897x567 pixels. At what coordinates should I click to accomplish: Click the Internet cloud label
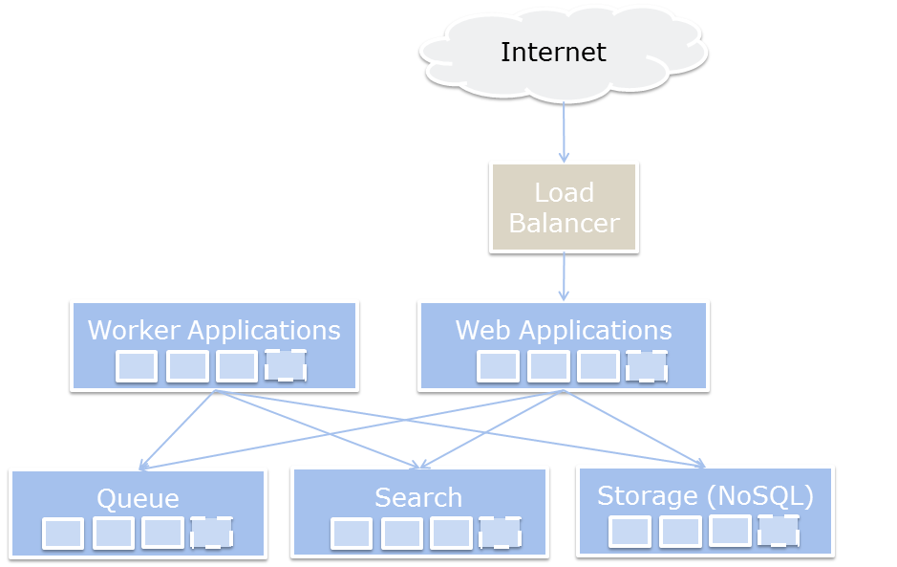pos(553,52)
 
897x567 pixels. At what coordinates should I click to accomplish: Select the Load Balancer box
pos(564,207)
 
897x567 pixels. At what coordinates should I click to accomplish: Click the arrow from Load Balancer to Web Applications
pos(564,276)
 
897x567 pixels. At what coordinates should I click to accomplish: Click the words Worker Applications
pos(214,330)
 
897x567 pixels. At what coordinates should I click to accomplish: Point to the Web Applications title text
pos(564,330)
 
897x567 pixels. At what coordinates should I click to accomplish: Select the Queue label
pos(138,498)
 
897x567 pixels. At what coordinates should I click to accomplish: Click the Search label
pos(418,497)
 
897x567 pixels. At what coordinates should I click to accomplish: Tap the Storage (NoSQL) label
pos(705,495)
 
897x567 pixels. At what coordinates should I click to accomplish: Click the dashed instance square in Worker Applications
pos(286,365)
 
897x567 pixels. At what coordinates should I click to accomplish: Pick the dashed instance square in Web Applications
pos(647,365)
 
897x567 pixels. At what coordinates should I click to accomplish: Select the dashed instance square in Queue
pos(211,533)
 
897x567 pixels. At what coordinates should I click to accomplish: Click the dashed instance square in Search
pos(500,533)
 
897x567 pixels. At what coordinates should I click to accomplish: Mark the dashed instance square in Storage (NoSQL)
pos(779,531)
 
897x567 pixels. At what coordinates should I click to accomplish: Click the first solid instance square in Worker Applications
pos(137,366)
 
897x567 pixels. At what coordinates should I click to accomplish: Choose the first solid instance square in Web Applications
pos(498,366)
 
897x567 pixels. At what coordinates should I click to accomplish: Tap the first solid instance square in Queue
pos(63,534)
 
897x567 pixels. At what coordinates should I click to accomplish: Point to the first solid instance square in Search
pos(352,534)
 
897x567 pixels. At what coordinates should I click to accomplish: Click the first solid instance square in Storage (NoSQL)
pos(630,532)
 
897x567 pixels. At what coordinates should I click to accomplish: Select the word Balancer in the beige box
pos(564,223)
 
